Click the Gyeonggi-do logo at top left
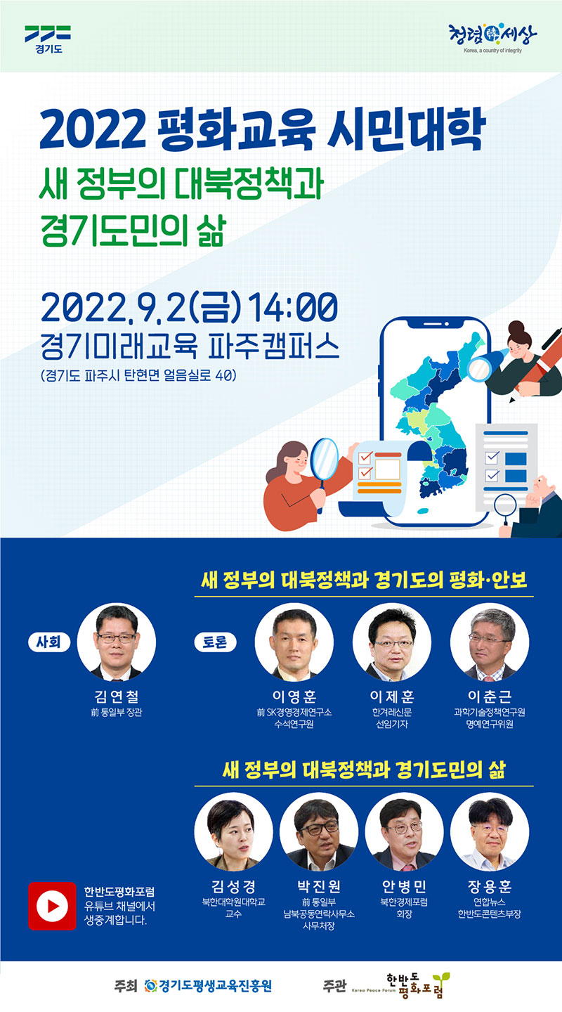(x=48, y=39)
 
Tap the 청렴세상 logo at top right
(x=492, y=38)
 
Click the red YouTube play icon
(x=53, y=906)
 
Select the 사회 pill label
(x=48, y=642)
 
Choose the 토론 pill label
(x=215, y=642)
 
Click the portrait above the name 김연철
(x=117, y=642)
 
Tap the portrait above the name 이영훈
(x=294, y=642)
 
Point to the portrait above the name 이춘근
(x=490, y=642)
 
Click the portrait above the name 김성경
(x=233, y=832)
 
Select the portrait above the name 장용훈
(x=490, y=832)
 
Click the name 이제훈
(x=392, y=696)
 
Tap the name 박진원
(x=319, y=886)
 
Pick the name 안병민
(x=405, y=886)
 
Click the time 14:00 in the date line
(x=293, y=307)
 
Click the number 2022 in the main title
(x=93, y=129)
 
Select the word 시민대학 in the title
(x=407, y=129)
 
